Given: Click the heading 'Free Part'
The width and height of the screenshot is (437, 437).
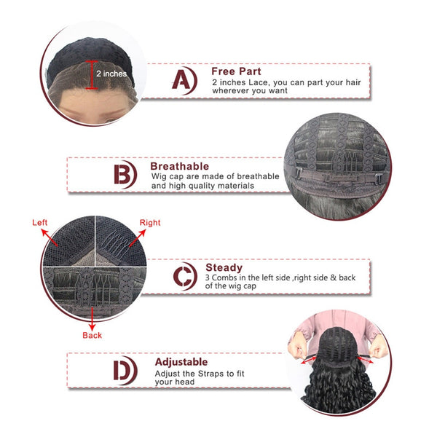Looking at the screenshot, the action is point(236,71).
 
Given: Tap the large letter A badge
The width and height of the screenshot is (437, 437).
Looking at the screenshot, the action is point(184,81).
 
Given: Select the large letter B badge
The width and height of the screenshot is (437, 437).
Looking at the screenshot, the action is point(125,175).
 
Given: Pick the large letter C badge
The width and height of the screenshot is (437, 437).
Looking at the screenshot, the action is point(185,276).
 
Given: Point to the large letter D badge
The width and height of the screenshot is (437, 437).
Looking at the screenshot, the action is point(125,371).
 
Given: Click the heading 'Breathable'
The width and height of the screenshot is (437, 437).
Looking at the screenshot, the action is point(179,166).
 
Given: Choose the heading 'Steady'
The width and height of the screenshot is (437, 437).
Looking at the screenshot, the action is point(224,267).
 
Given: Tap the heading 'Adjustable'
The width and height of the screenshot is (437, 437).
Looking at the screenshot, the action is point(181,362).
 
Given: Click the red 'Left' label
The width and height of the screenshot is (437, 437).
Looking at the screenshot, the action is point(39,222).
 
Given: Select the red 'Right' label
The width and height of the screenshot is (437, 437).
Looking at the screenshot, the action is point(150,223).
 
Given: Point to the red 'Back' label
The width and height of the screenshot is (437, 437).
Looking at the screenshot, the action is point(92,335).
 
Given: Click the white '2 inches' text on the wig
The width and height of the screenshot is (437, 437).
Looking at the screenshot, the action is point(111,74).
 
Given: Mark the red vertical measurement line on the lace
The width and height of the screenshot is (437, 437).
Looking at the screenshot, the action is point(92,75).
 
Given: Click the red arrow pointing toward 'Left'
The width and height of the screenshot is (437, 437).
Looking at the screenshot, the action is point(50,237).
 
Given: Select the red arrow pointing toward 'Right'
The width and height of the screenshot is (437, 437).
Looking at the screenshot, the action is point(138,237).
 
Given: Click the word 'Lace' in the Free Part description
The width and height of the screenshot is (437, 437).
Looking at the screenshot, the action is point(258,82).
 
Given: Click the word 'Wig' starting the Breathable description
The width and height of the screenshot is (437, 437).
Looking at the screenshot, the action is point(159,177).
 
